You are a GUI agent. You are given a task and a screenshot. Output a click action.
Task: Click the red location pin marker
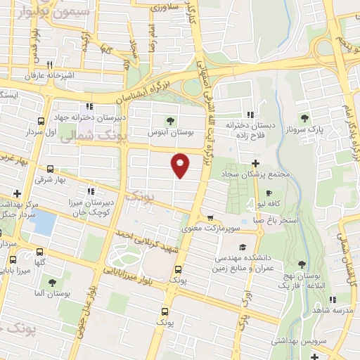click(181, 165)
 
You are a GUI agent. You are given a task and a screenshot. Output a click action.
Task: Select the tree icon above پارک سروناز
click(304, 118)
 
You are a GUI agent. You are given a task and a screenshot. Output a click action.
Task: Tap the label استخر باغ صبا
click(278, 220)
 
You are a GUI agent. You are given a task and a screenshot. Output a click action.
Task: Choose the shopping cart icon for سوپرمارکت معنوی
click(210, 218)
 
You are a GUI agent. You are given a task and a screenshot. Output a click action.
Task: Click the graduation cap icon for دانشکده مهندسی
click(243, 247)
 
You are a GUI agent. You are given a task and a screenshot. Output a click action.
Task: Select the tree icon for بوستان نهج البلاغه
click(302, 265)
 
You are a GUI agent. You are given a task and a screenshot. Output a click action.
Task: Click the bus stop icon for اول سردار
click(41, 121)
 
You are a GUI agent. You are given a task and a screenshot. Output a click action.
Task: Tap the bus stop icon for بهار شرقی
click(50, 169)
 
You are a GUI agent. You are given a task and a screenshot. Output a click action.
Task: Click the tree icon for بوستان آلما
click(51, 282)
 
